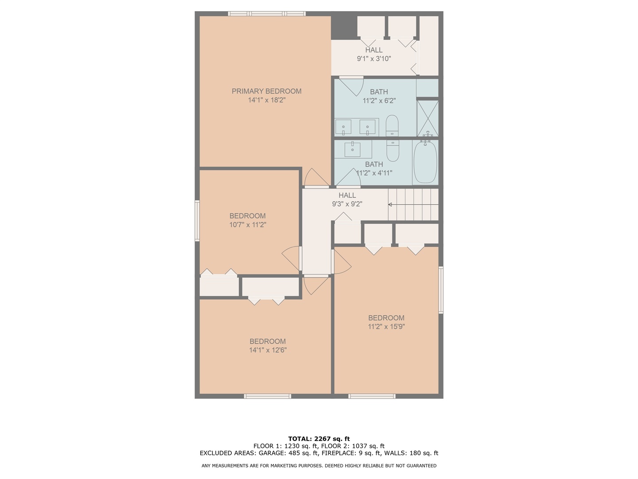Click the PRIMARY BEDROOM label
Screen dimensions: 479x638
(x=266, y=91)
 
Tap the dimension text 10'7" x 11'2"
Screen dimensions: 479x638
(x=248, y=225)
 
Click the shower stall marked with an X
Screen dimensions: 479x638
(x=428, y=118)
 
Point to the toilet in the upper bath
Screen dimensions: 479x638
(x=392, y=126)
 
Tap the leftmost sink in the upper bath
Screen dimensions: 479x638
(x=343, y=127)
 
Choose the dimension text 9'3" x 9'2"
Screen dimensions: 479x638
(x=347, y=204)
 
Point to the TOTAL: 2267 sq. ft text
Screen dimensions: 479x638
(x=319, y=439)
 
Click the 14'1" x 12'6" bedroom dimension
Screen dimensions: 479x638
(x=268, y=350)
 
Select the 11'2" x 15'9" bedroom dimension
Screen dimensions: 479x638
(x=386, y=327)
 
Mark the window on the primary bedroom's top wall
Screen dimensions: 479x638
(x=267, y=14)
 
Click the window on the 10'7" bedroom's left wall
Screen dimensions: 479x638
(x=197, y=220)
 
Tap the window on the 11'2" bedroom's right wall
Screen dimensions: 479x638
(x=441, y=290)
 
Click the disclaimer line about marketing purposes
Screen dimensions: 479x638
(x=319, y=466)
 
